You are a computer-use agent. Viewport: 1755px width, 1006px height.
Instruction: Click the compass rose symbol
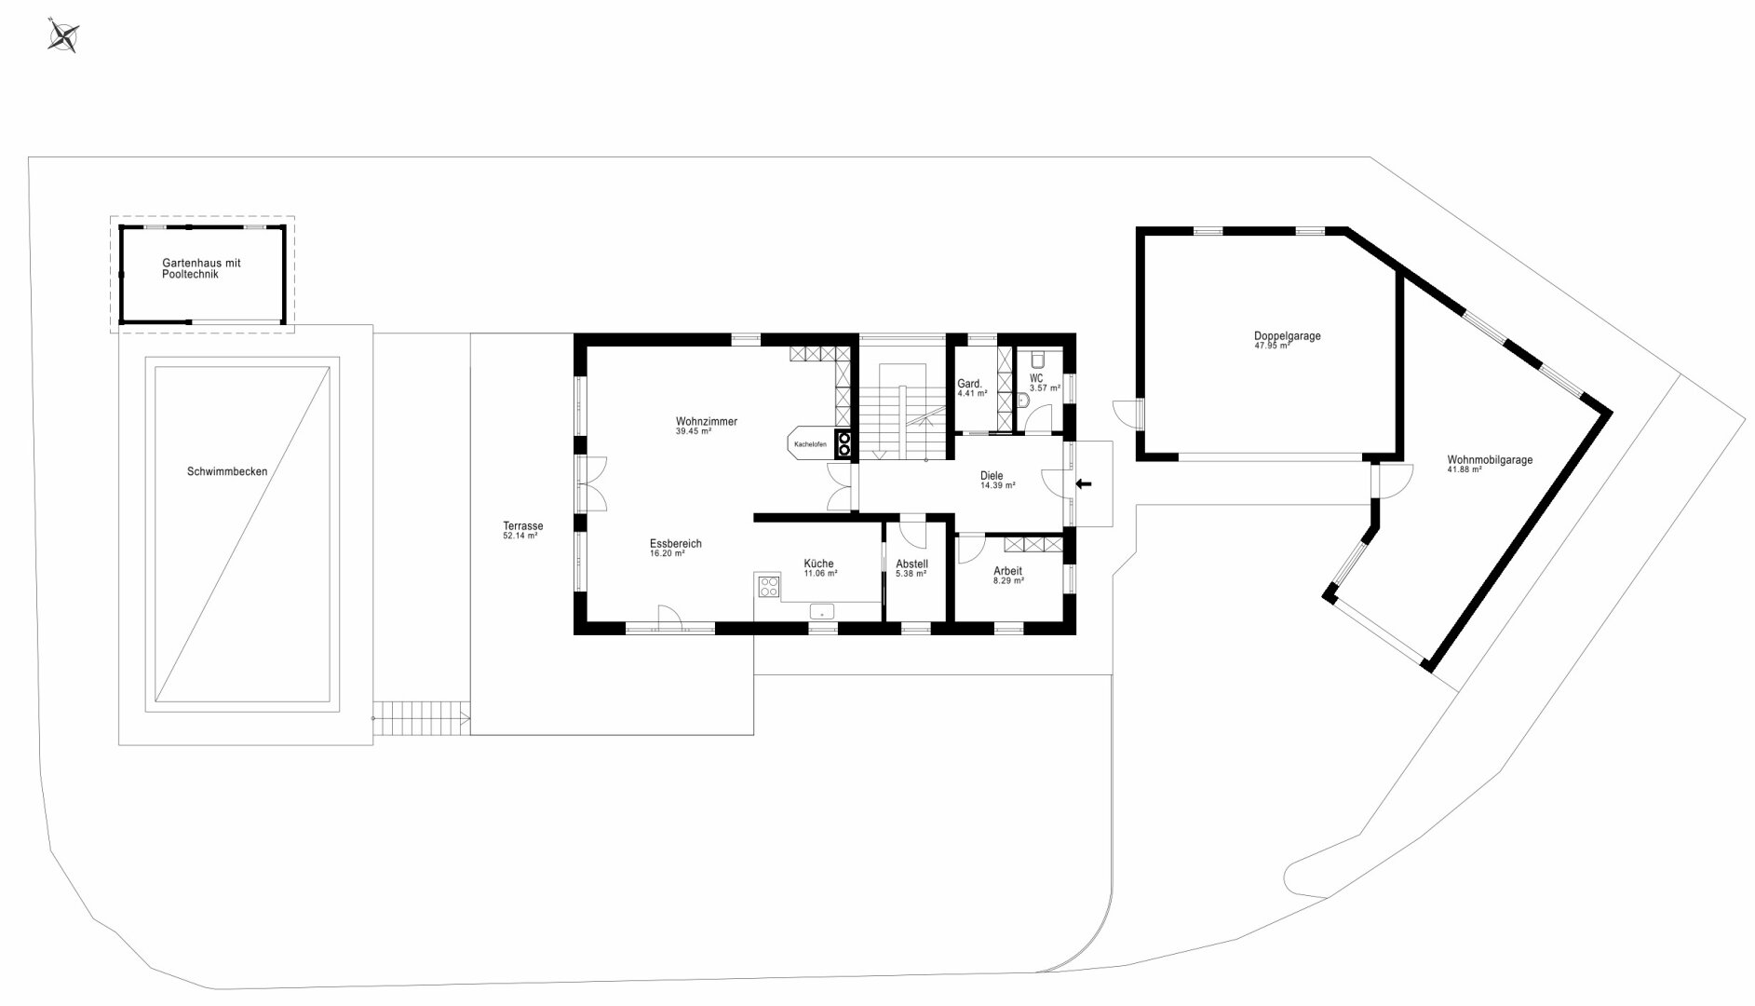tap(64, 36)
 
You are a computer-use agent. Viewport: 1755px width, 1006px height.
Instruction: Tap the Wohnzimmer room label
tap(707, 422)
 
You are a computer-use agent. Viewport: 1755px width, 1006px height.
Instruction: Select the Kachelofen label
tap(810, 444)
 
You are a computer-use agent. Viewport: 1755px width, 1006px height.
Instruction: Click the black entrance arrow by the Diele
tap(1084, 483)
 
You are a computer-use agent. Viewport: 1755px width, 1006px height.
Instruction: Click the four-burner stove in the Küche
tap(769, 586)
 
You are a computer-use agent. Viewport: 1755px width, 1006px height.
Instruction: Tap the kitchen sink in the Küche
tap(822, 612)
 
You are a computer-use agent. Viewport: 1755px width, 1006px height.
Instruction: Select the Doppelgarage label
tap(1287, 336)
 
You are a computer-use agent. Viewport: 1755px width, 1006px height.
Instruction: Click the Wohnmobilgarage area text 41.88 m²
tap(1465, 469)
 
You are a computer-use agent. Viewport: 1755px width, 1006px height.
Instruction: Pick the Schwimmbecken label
tap(227, 471)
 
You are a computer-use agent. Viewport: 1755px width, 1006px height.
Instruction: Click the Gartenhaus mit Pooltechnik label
tap(201, 269)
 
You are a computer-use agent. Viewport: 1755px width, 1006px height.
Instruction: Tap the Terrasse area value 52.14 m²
tap(520, 537)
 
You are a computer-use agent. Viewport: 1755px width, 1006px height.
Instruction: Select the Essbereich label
tap(676, 544)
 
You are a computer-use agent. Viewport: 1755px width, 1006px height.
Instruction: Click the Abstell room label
tap(911, 564)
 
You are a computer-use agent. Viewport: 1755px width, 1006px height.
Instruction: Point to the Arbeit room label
tap(1008, 571)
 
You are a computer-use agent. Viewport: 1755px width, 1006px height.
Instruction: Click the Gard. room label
tap(970, 384)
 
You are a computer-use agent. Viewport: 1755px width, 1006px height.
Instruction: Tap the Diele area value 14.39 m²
tap(997, 485)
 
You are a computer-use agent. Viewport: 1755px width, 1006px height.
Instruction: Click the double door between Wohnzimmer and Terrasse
tap(591, 483)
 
